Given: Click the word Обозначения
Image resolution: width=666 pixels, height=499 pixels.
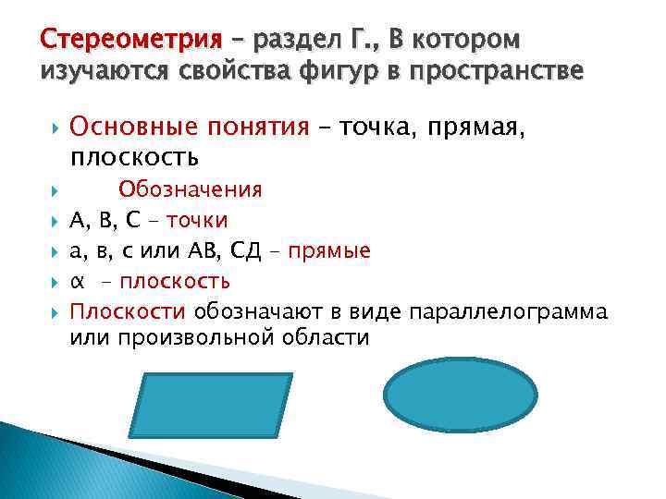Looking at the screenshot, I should [x=190, y=189].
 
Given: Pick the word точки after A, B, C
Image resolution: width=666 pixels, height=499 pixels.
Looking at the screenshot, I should [x=200, y=220].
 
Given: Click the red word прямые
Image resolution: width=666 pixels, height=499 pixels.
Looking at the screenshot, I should [x=329, y=250].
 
